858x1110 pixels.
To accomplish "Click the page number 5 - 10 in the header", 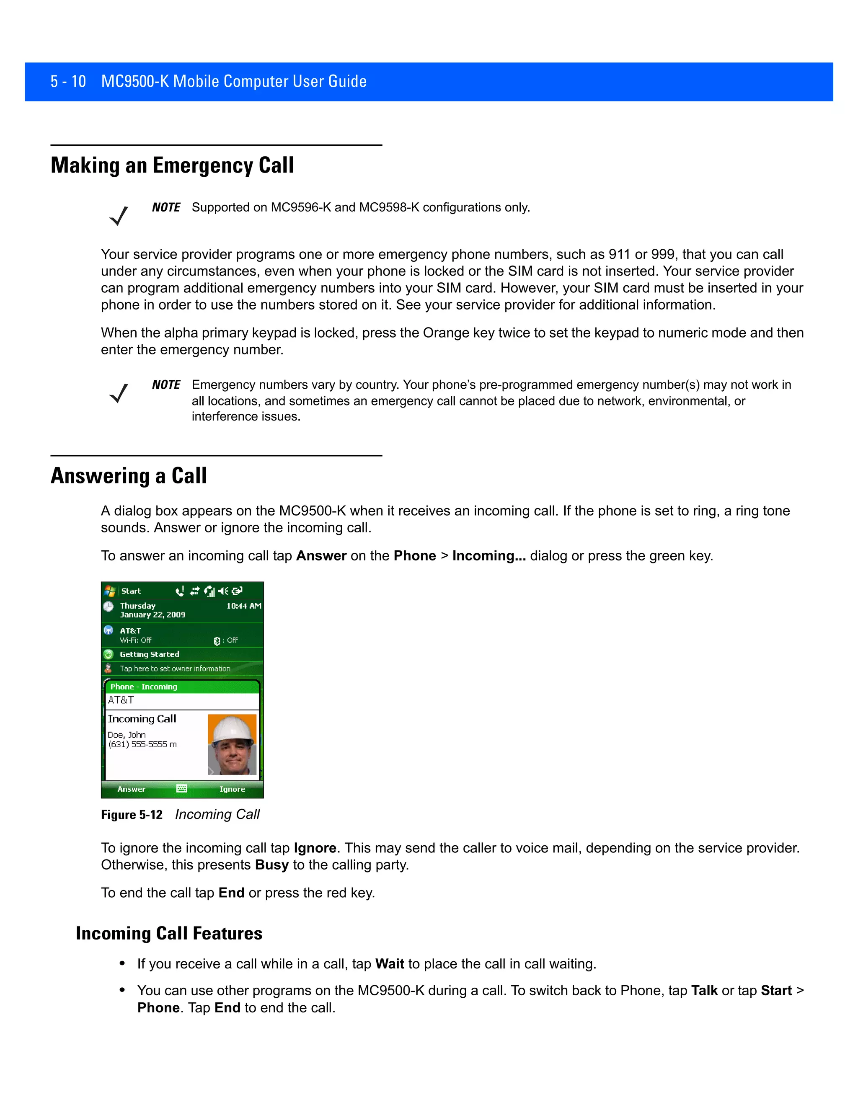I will point(68,81).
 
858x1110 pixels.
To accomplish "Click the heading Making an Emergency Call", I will point(172,166).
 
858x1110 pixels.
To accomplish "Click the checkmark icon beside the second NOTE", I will point(119,393).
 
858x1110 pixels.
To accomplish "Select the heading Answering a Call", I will point(129,476).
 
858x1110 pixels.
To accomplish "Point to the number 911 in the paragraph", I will point(619,254).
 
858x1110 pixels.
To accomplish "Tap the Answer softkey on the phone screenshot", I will point(131,789).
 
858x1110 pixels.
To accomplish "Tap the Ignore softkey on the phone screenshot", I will point(232,789).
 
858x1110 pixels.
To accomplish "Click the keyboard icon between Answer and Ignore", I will point(181,789).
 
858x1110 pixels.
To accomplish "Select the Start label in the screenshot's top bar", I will point(131,591).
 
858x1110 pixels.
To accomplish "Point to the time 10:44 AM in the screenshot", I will point(243,606).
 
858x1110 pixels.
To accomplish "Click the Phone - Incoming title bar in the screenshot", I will point(144,687).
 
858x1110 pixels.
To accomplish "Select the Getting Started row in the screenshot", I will point(150,655).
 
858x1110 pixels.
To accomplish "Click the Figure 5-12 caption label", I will point(132,815).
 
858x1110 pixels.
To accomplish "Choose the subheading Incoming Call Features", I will point(169,934).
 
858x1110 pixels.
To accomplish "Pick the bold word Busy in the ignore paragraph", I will point(272,865).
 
